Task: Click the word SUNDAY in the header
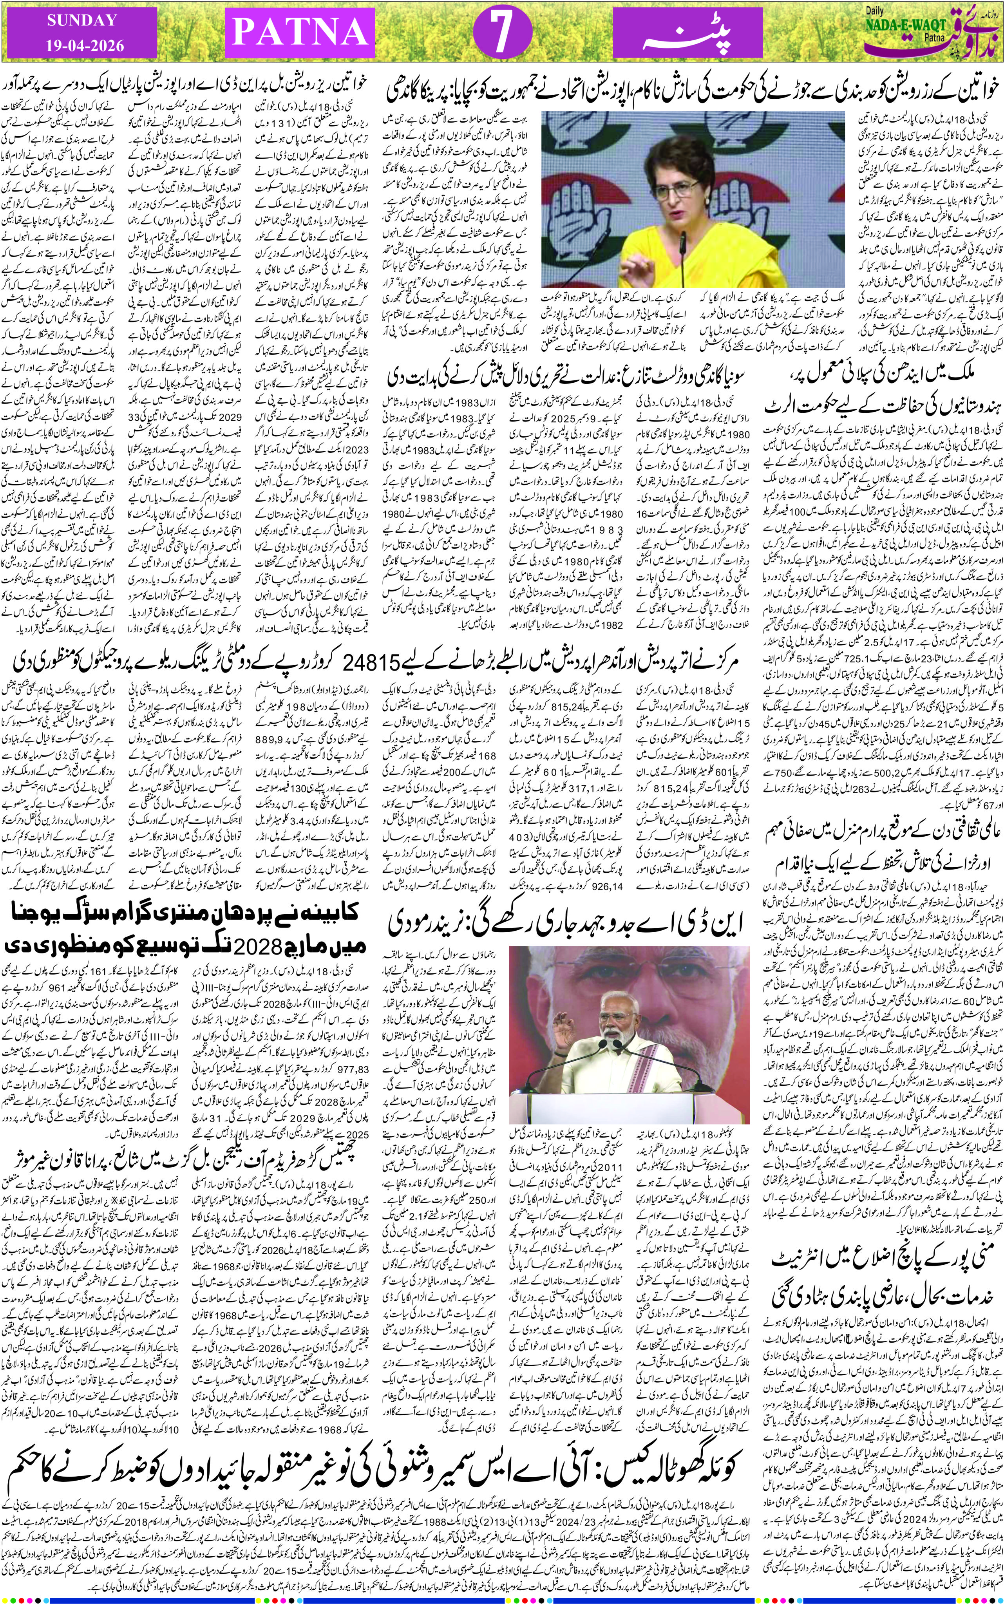tap(81, 21)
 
